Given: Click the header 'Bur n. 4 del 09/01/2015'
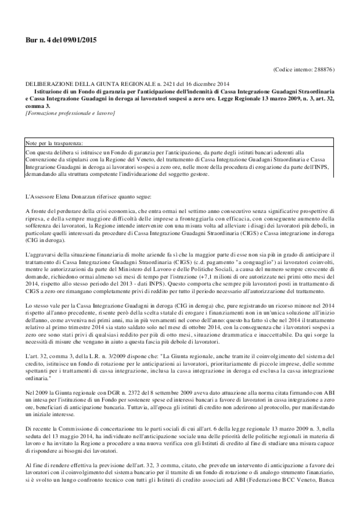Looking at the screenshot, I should coord(61,40).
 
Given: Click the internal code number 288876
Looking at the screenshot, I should coord(323,69).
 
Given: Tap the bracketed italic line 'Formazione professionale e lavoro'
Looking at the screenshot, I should coord(70,113).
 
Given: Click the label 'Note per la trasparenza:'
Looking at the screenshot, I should coord(54,143).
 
